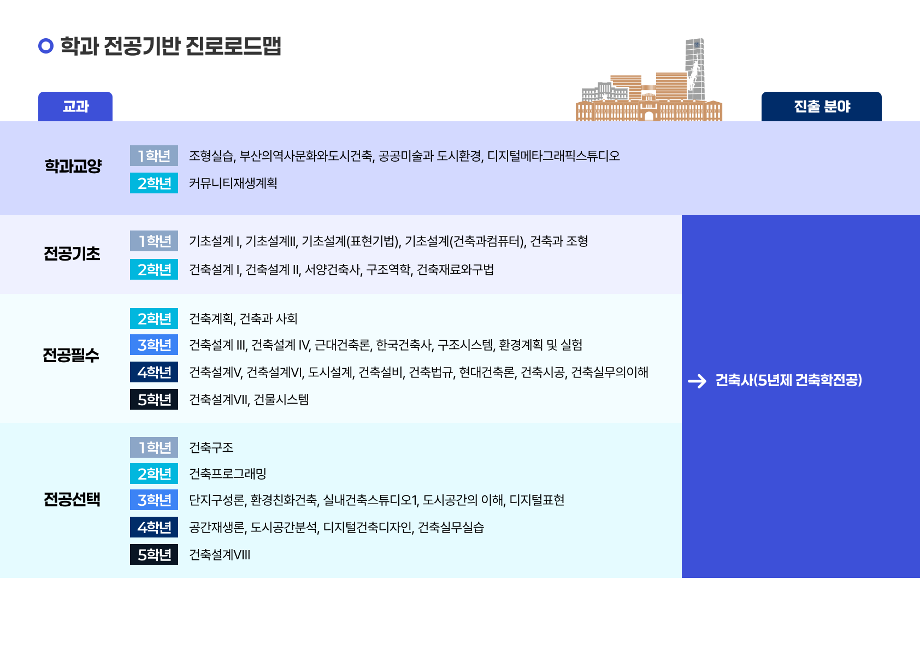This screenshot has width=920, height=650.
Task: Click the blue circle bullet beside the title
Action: [x=45, y=45]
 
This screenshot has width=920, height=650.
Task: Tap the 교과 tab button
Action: [x=75, y=107]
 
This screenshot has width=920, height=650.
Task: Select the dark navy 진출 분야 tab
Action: [x=822, y=107]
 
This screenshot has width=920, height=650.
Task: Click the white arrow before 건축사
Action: [x=697, y=381]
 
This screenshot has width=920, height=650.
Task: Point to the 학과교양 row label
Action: [x=73, y=166]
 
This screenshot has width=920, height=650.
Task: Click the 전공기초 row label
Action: [x=72, y=253]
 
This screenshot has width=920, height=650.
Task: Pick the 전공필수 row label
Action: [x=71, y=355]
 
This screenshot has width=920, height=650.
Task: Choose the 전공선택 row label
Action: [x=72, y=499]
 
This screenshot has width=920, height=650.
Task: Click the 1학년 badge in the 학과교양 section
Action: [x=154, y=156]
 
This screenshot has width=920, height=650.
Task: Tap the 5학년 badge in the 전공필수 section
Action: [x=154, y=399]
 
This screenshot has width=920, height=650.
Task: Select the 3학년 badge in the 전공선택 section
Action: [x=154, y=500]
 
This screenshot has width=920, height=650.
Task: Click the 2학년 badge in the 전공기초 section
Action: [x=154, y=269]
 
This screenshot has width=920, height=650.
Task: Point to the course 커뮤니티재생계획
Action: [x=233, y=183]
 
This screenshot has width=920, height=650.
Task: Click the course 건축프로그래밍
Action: [x=227, y=474]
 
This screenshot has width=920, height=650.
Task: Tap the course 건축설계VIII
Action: [x=219, y=555]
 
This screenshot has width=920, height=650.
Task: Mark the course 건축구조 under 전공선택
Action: [x=211, y=447]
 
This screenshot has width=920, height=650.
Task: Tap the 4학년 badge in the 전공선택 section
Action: [x=154, y=527]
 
